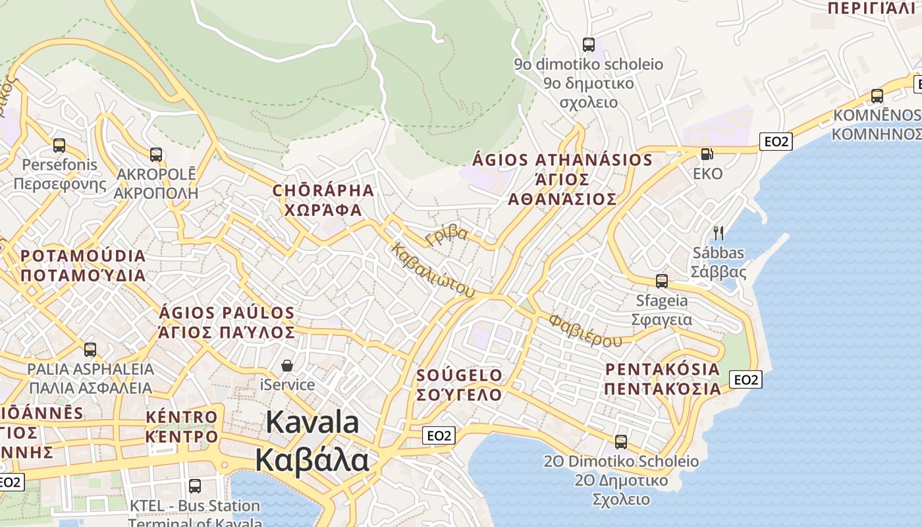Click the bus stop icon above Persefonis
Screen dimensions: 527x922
59,146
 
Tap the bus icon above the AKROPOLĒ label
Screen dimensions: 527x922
156,155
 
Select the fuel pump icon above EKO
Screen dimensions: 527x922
707,154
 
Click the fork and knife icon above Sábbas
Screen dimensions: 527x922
719,233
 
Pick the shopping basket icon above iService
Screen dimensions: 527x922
287,365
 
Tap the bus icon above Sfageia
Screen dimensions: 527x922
662,281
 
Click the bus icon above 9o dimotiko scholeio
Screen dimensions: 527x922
589,45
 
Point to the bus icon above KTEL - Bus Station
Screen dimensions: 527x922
195,486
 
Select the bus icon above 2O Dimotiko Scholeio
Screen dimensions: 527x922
621,442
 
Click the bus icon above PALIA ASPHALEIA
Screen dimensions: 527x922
90,349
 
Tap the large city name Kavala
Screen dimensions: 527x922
312,422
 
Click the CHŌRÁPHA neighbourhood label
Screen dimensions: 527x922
323,191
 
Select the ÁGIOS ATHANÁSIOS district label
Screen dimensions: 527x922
562,160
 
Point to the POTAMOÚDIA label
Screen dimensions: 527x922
83,256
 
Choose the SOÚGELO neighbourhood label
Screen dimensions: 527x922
460,375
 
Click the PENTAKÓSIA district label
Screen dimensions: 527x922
662,369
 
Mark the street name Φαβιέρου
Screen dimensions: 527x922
585,330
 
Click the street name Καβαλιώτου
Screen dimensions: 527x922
433,270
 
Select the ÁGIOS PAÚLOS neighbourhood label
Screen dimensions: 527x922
227,312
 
